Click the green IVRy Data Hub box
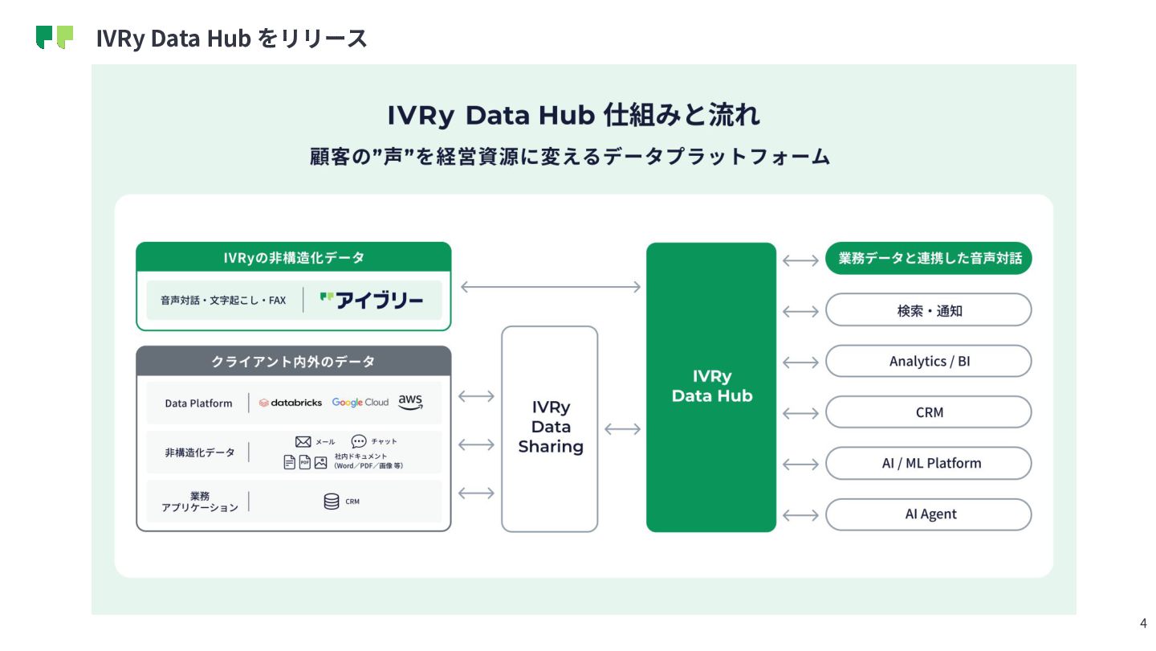[711, 387]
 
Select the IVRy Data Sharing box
[550, 428]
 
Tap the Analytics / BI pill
[928, 362]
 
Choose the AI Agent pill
[928, 514]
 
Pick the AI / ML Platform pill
[928, 464]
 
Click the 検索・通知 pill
[928, 310]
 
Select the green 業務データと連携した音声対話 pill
[928, 259]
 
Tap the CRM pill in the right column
[928, 412]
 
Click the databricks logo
[291, 403]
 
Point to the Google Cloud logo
[360, 403]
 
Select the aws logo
[410, 402]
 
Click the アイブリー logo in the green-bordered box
[372, 301]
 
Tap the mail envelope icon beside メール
[303, 441]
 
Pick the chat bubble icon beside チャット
[359, 441]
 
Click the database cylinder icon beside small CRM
[331, 502]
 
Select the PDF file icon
[305, 462]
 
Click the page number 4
[1143, 623]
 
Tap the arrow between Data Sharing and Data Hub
[622, 429]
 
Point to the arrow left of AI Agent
[800, 515]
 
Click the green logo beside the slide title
[55, 37]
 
